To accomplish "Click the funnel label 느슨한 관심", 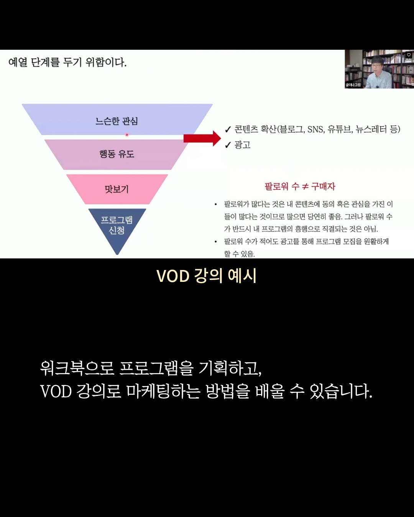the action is click(117, 121).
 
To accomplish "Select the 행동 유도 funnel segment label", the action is click(117, 154).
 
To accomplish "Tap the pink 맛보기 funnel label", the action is click(117, 189).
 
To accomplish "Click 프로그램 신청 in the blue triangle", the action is click(117, 225).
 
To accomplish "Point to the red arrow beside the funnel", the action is click(202, 138).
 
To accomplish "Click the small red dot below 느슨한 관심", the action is click(127, 135).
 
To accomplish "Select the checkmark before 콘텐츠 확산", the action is click(228, 130).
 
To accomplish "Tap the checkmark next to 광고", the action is click(228, 145).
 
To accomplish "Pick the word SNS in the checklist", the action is click(316, 129).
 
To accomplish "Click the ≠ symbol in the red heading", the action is click(305, 187).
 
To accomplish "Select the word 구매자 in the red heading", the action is click(323, 187).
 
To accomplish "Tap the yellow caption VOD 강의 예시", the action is click(207, 276).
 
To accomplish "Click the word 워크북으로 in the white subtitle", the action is click(77, 368).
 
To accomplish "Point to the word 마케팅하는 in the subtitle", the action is click(163, 391).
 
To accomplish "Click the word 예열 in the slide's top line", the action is click(18, 62).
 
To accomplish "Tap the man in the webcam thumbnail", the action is click(378, 73).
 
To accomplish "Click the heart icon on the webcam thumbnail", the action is click(409, 55).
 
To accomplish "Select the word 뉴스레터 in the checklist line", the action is click(371, 129).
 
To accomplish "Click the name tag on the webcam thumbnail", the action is click(353, 85).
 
